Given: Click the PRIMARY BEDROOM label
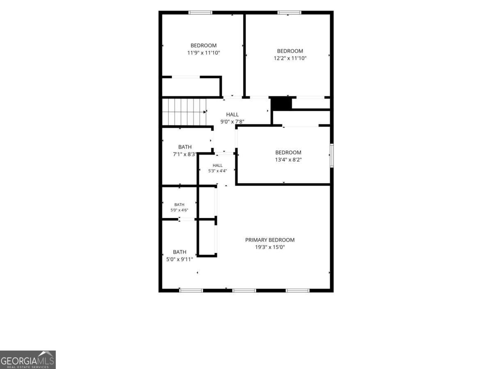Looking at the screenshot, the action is tap(270, 240).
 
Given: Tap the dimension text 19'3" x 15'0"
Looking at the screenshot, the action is tap(270, 247).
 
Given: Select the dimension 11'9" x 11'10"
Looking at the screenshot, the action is tap(203, 53).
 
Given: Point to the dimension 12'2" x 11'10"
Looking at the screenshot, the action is tap(290, 58).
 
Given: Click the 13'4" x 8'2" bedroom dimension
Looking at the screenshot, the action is tap(288, 160).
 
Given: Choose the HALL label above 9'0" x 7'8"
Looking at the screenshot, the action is tap(232, 114).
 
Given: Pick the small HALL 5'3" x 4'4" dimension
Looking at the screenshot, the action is tap(217, 171).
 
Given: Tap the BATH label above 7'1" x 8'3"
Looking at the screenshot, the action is tap(185, 147).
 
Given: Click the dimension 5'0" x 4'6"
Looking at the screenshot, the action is tap(179, 210).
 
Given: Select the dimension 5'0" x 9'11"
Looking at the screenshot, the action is tap(180, 260).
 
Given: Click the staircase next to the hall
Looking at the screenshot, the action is tap(184, 112).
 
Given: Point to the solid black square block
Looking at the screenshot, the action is tap(281, 104).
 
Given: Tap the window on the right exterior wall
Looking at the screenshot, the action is tap(332, 155).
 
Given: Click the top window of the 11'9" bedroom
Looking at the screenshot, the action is tap(200, 13).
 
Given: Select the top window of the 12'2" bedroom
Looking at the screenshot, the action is tap(289, 13).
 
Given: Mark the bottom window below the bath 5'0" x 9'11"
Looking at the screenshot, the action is tap(191, 291).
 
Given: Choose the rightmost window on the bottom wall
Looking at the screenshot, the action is tap(298, 291).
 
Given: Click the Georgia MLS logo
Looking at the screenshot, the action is tap(28, 360).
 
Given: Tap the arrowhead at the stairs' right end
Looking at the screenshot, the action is tap(205, 112).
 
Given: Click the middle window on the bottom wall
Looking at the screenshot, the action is tap(244, 291).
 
